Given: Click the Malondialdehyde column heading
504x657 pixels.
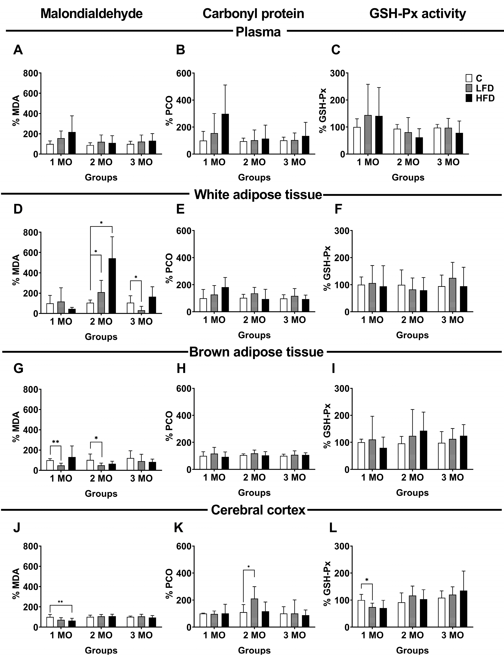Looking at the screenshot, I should [x=92, y=14].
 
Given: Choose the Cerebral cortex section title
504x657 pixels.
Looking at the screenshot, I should [x=258, y=510].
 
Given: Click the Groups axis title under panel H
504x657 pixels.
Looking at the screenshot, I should [x=254, y=493].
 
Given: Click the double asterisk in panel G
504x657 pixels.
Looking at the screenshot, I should [x=55, y=442].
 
